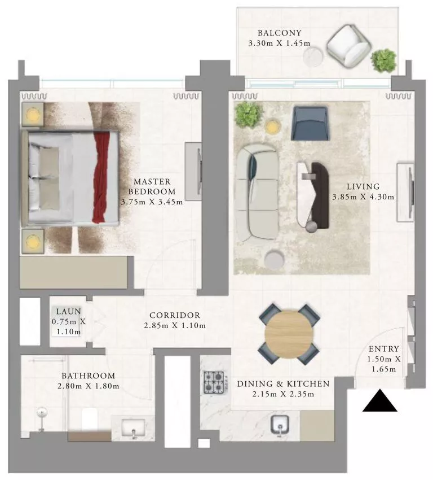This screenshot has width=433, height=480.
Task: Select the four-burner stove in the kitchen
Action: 215,382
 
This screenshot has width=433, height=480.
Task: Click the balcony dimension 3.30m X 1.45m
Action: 280,43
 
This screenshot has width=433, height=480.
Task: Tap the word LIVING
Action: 363,186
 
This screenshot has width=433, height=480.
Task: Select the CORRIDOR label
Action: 174,315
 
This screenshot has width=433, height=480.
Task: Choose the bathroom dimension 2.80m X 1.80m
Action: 88,386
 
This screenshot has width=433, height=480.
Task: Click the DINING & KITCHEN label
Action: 283,384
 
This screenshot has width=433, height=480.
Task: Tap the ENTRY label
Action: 384,349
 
